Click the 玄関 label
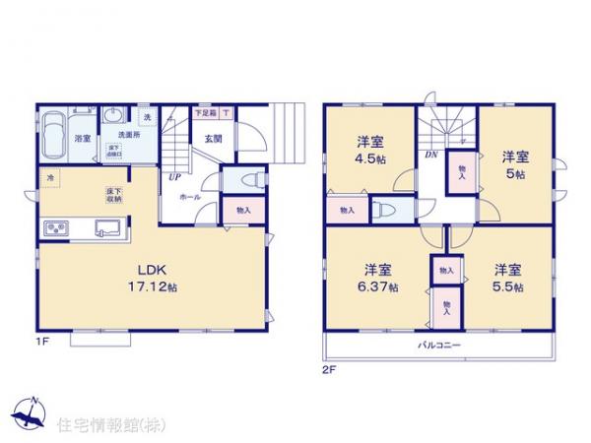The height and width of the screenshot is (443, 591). pos(213,138)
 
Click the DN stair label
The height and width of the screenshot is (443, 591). pos(430,154)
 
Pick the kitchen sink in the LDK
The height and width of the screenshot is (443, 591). pos(106,229)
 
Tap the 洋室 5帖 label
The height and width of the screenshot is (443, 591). pos(514,162)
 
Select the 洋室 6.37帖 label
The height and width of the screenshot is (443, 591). pos(378,277)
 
